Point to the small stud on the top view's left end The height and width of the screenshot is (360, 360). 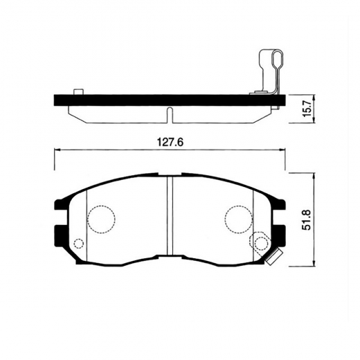pyautogui.click(x=78, y=92)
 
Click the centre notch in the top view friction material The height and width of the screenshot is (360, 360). pyautogui.click(x=170, y=113)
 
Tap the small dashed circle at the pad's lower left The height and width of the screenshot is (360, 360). pyautogui.click(x=78, y=243)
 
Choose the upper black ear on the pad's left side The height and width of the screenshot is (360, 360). pyautogui.click(x=60, y=205)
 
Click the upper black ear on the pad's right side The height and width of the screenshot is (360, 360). pyautogui.click(x=279, y=204)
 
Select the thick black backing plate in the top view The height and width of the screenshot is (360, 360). pyautogui.click(x=170, y=100)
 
